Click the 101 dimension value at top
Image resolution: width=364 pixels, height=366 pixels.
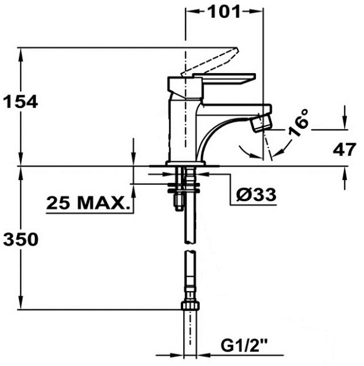pyautogui.click(x=224, y=12)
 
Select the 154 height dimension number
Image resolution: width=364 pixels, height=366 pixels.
pyautogui.click(x=21, y=101)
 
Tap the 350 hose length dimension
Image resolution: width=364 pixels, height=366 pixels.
pyautogui.click(x=21, y=239)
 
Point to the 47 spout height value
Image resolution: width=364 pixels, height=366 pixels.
pyautogui.click(x=344, y=149)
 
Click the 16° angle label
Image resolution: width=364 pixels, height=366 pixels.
pyautogui.click(x=299, y=123)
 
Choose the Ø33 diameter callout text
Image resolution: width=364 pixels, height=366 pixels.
pyautogui.click(x=256, y=195)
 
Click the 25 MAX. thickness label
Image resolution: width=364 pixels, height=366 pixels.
pyautogui.click(x=89, y=203)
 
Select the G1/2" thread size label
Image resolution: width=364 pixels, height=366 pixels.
pyautogui.click(x=244, y=345)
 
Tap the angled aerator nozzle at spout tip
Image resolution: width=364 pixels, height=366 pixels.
pyautogui.click(x=261, y=123)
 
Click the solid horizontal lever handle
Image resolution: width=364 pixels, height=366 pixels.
pyautogui.click(x=224, y=79)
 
